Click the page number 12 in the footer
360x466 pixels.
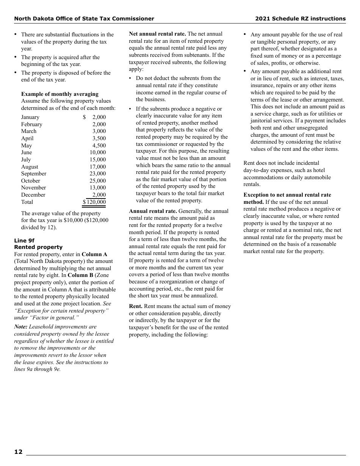click(x=18, y=452)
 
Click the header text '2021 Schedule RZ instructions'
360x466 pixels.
click(x=300, y=19)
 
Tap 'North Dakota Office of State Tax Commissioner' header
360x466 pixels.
click(x=84, y=19)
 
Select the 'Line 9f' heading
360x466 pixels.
click(x=24, y=241)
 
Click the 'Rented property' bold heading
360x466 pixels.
click(x=38, y=247)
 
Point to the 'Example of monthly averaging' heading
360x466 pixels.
click(x=59, y=94)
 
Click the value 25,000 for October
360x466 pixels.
click(x=98, y=181)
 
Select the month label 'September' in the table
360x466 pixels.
click(x=34, y=174)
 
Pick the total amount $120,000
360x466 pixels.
click(x=94, y=202)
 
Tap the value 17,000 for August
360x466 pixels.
click(x=98, y=167)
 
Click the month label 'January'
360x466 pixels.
click(x=30, y=117)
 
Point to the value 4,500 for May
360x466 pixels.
click(x=99, y=145)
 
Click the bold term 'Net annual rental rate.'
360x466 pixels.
click(x=157, y=34)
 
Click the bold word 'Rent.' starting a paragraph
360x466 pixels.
click(x=136, y=306)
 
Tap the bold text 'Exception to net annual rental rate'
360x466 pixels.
click(x=287, y=195)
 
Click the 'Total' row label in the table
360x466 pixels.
click(x=27, y=202)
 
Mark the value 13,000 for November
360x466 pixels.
click(x=98, y=188)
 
